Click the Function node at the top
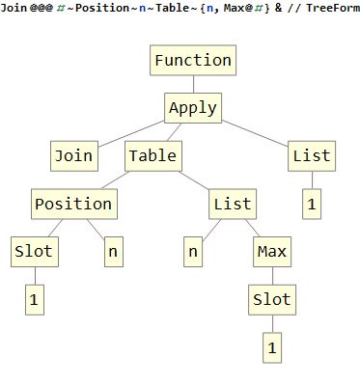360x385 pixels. pos(193,60)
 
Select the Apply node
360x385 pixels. pos(192,107)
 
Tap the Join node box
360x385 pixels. pos(72,154)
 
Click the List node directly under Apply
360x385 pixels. pos(311,154)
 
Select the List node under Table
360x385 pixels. pos(232,204)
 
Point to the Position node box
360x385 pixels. pos(73,204)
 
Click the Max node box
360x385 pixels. pos(271,252)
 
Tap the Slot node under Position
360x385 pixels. pos(34,252)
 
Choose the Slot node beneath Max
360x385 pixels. pos(271,299)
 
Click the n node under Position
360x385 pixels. pos(113,252)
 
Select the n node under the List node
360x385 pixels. pos(193,252)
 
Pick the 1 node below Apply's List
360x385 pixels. pos(311,204)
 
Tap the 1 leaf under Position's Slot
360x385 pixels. pos(34,299)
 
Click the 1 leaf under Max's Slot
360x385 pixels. pos(271,346)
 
